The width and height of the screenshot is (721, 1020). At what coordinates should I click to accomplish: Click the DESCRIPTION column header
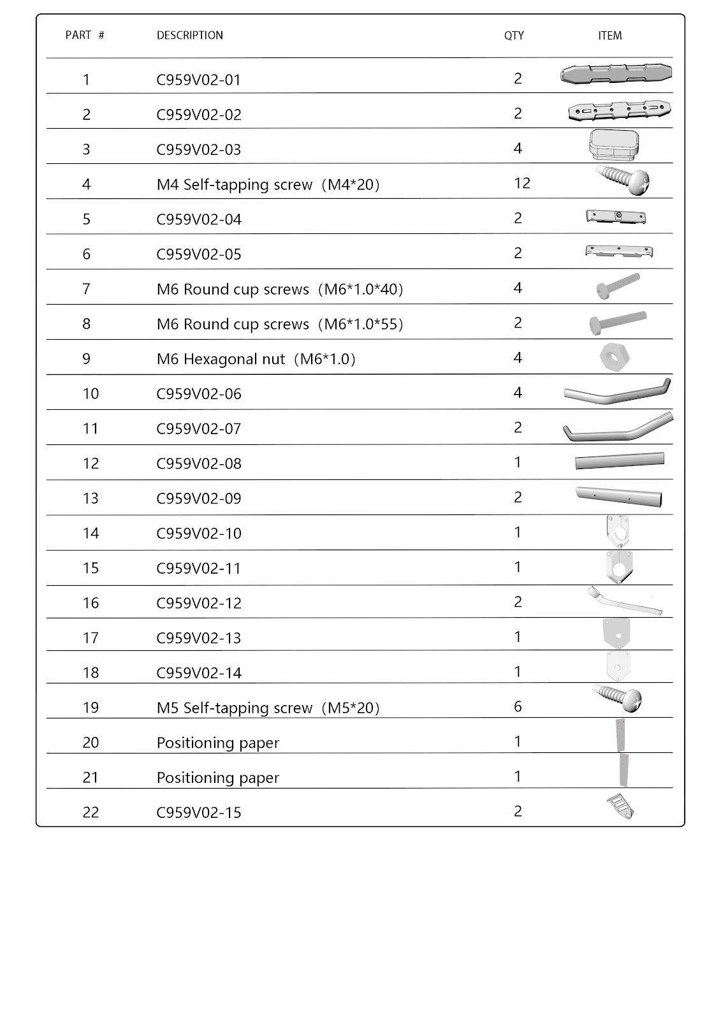[190, 36]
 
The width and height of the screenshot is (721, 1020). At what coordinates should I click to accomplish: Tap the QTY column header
[514, 36]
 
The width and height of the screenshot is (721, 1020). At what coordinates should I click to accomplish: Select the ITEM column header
[609, 36]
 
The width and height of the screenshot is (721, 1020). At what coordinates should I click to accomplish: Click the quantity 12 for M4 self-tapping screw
[521, 184]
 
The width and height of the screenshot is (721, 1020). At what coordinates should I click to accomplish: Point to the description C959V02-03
[199, 150]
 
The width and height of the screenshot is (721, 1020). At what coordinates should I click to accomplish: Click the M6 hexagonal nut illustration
[615, 358]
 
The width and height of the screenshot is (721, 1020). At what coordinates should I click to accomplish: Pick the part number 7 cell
[87, 289]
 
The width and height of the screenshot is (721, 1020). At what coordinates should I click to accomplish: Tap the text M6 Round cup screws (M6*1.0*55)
[280, 324]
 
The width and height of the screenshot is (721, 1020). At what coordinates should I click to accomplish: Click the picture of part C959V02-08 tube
[619, 461]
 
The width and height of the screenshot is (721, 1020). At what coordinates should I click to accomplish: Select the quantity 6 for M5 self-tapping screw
[518, 706]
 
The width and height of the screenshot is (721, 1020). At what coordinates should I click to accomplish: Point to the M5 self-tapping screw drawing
[617, 698]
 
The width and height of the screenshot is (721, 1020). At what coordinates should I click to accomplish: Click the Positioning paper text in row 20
[218, 743]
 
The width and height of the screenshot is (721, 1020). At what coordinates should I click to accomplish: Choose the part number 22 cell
[91, 813]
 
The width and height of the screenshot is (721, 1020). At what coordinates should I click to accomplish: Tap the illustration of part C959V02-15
[620, 806]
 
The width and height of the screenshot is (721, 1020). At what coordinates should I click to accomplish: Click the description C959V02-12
[199, 604]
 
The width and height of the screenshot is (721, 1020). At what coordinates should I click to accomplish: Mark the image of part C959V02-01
[616, 74]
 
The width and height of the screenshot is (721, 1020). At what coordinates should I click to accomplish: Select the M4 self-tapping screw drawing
[622, 179]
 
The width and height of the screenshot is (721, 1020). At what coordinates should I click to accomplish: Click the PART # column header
[85, 36]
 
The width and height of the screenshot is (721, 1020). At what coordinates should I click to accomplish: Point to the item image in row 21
[623, 770]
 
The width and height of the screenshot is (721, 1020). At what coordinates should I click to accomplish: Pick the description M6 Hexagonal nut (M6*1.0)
[256, 360]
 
